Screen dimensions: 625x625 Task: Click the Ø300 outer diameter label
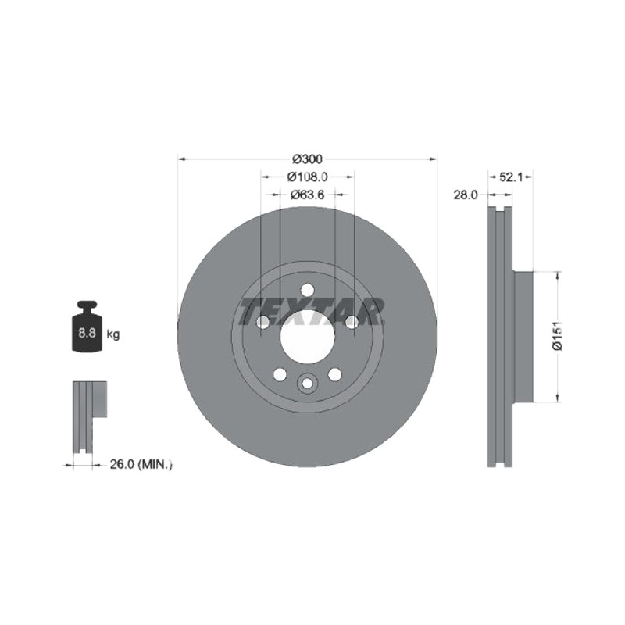(307, 159)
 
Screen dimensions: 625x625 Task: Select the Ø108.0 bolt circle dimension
(307, 177)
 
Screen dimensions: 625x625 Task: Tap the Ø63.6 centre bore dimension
(307, 195)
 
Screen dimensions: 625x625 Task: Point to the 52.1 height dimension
(511, 177)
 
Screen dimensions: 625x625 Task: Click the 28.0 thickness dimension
(465, 195)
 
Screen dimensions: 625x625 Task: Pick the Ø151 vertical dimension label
(557, 336)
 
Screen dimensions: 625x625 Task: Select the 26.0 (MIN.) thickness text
(141, 464)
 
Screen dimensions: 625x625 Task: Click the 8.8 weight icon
(87, 327)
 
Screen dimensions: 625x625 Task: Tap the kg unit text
(112, 334)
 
